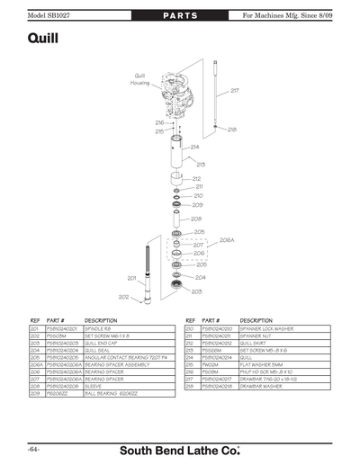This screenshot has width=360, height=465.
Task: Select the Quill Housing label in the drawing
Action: [139, 79]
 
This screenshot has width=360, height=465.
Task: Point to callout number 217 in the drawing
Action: [235, 91]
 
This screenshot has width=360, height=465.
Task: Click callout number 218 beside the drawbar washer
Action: [231, 130]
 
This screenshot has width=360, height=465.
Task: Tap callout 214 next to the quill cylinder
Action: [194, 147]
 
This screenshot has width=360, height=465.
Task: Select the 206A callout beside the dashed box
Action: [227, 240]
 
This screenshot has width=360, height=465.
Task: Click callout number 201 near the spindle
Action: [131, 278]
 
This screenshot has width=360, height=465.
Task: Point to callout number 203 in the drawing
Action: [197, 291]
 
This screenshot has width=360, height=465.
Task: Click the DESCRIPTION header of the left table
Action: [101, 320]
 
